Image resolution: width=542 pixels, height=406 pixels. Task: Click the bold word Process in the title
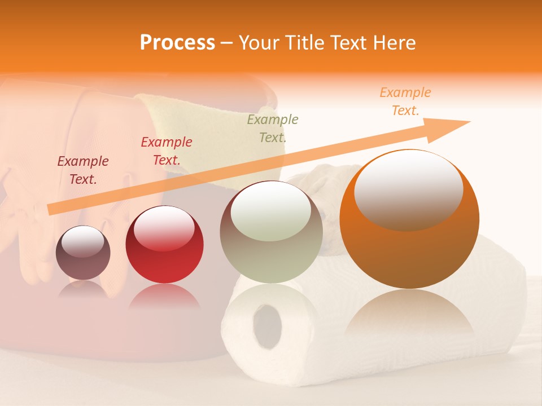(177, 43)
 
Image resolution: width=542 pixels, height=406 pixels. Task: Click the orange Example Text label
(405, 101)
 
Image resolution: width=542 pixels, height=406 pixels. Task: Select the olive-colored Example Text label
(272, 128)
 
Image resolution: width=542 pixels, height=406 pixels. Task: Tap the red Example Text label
(166, 151)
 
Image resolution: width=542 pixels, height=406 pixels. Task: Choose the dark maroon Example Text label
(82, 170)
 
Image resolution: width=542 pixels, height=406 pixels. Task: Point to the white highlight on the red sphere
(164, 228)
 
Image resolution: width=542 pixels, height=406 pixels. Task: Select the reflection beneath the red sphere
(164, 296)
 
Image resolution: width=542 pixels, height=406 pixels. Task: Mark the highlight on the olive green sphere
(271, 211)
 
